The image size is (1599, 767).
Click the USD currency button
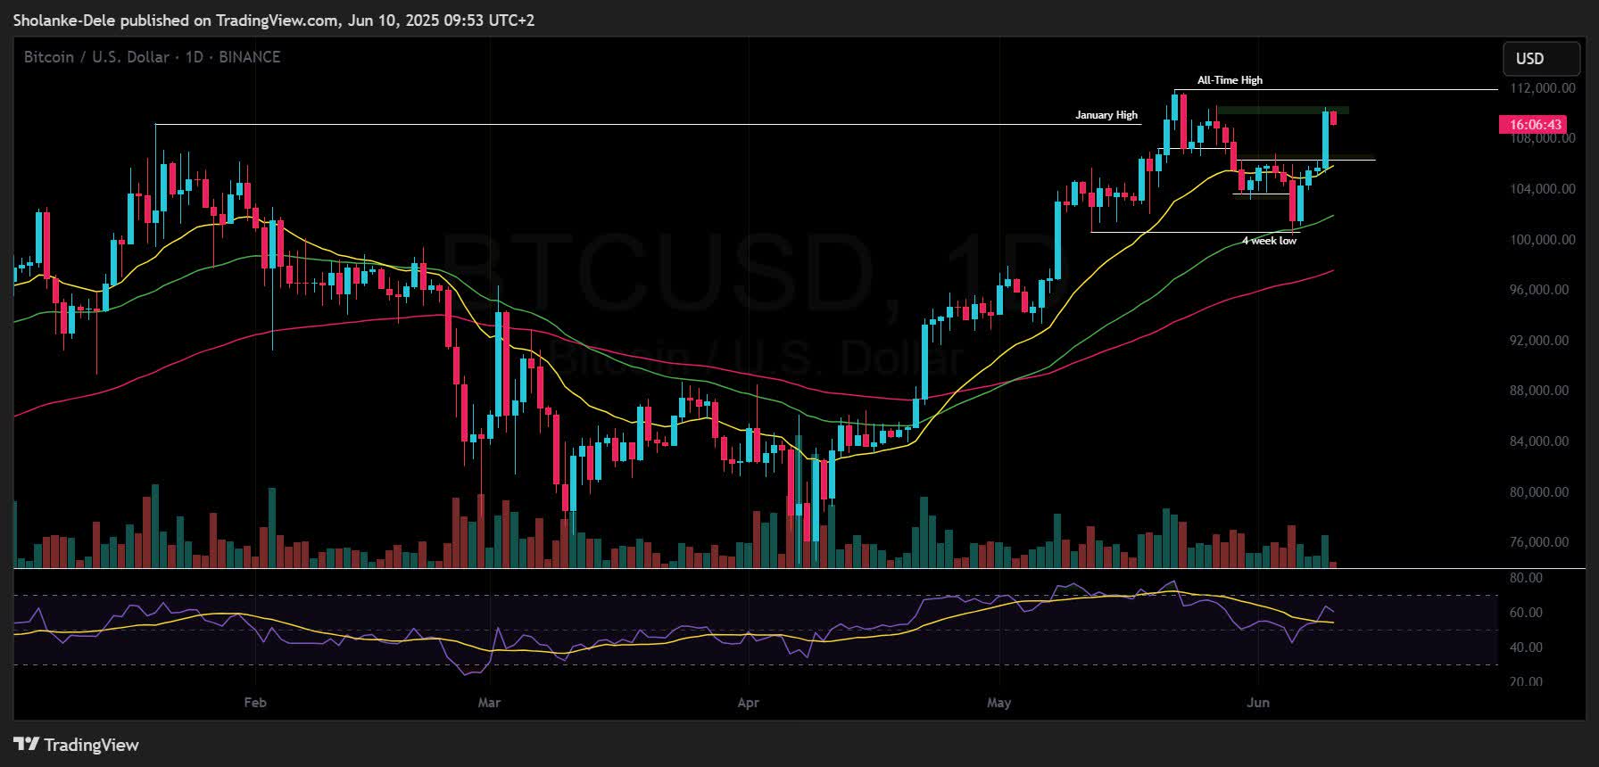point(1529,58)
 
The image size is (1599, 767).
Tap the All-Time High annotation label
point(1230,80)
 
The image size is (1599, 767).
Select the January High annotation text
point(1106,115)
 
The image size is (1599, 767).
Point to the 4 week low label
point(1269,241)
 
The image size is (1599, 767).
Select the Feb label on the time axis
point(255,703)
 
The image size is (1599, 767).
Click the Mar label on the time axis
point(489,703)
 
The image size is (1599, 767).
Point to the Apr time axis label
point(749,703)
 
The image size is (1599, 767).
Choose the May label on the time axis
point(999,703)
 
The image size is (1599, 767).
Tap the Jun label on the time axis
point(1258,703)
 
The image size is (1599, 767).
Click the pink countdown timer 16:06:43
point(1530,125)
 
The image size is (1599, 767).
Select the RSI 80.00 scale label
point(1526,579)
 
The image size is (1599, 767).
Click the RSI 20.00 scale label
point(1526,682)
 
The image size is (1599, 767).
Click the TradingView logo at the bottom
point(78,745)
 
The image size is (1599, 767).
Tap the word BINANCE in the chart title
point(250,57)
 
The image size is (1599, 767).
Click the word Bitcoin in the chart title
point(48,57)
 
